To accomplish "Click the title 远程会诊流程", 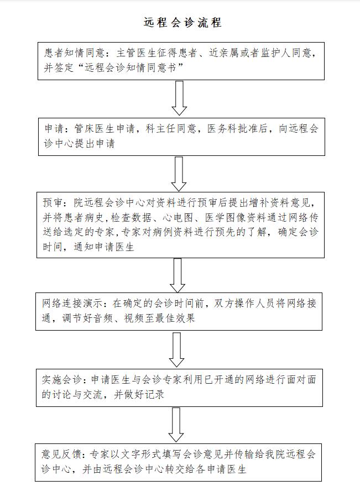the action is click(x=182, y=23).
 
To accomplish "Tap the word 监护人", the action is click(x=275, y=53).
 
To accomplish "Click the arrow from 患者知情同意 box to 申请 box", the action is click(x=179, y=98).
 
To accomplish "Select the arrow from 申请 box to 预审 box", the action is click(x=179, y=174).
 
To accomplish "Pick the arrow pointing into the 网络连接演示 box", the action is click(x=178, y=275).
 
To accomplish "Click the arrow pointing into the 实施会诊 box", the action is click(x=176, y=350).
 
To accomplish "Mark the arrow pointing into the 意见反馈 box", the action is click(x=176, y=425).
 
